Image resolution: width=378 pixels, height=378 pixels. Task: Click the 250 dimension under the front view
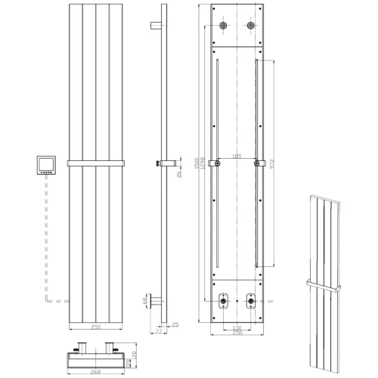tap(95, 327)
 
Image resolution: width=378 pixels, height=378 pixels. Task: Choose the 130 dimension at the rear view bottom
tap(237, 327)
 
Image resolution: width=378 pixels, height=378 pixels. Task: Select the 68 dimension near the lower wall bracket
tap(146, 302)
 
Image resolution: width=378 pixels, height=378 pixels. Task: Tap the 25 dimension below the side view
tap(175, 326)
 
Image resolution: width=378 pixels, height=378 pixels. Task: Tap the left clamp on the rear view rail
tap(218, 163)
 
